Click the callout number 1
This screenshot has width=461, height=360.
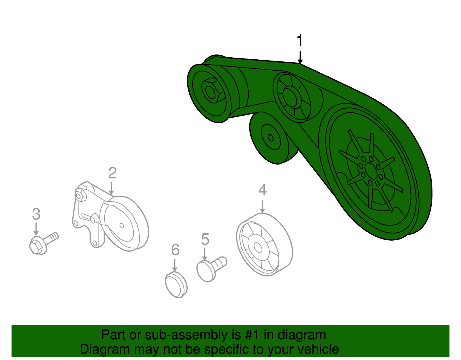[x=300, y=41]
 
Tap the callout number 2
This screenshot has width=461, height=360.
[x=112, y=173]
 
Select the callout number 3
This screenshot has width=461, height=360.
[x=36, y=214]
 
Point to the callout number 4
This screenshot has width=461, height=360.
[x=262, y=190]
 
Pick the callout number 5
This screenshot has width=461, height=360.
[x=205, y=239]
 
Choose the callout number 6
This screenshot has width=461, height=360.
[x=175, y=250]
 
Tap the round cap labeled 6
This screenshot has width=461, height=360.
[x=176, y=284]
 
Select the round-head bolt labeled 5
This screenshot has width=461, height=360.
[x=210, y=268]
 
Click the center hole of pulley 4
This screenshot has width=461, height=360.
[x=258, y=248]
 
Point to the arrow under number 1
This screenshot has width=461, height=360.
[x=300, y=57]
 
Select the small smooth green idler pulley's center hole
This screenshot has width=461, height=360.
[x=271, y=137]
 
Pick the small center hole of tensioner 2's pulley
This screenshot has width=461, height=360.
[x=122, y=225]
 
